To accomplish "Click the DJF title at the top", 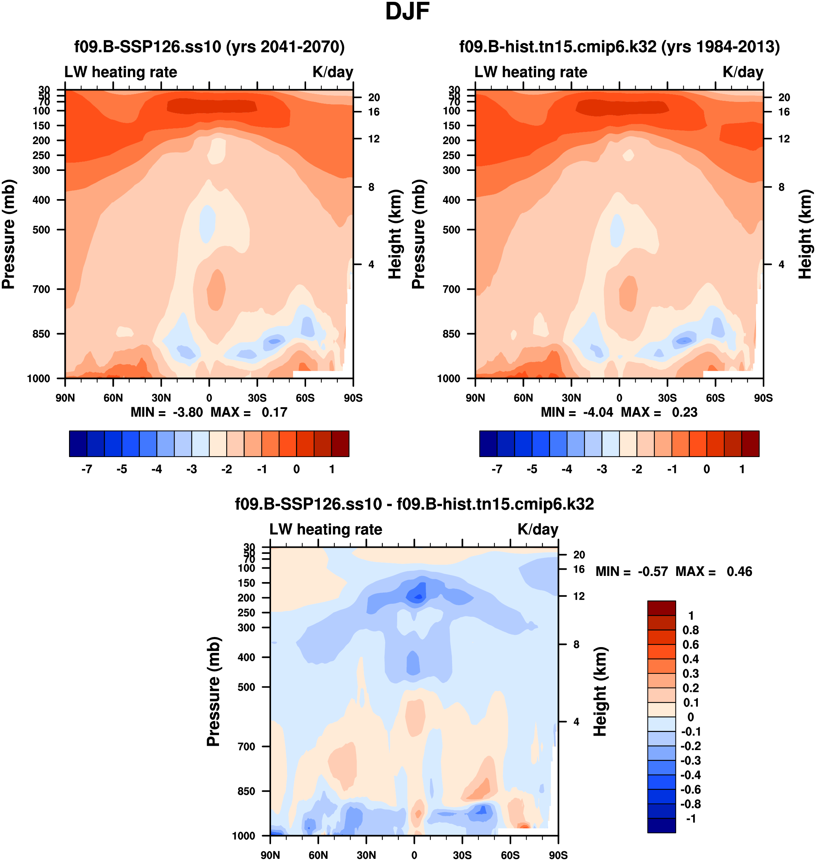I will tap(407, 12).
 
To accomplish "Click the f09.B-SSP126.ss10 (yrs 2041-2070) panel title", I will tap(209, 47).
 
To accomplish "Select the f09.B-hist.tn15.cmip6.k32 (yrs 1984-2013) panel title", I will tap(619, 47).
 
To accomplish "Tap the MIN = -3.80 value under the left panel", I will tap(167, 412).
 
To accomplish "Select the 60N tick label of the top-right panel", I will tap(523, 398).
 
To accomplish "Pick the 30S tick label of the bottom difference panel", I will tap(462, 855).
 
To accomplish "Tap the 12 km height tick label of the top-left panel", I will tap(374, 139).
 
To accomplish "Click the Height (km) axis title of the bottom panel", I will tap(600, 692).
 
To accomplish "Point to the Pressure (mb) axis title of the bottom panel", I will tap(213, 692).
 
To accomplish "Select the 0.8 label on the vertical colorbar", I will tap(691, 630).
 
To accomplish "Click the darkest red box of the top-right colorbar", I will tap(750, 444).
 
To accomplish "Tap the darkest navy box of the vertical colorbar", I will tap(661, 825).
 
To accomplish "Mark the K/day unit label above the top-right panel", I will tap(743, 72).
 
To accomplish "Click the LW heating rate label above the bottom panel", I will tap(326, 529).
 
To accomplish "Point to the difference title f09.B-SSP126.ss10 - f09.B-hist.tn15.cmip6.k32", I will tap(414, 504).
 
